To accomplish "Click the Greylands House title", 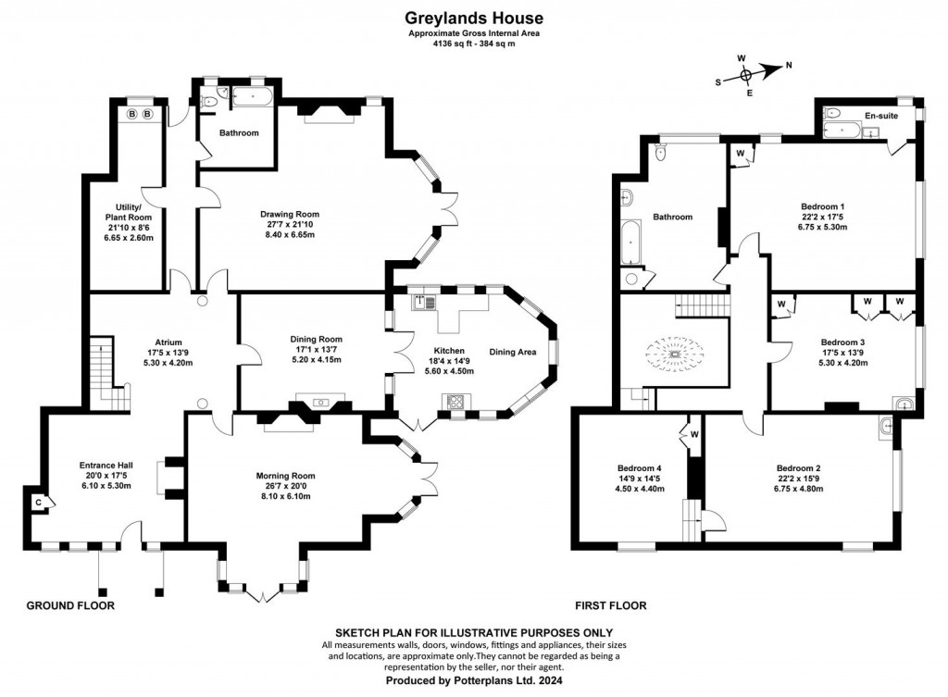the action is coord(474,19).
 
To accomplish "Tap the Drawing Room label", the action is coord(290,214).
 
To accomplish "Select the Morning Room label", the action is coord(285,476).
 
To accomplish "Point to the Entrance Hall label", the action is coord(106,466).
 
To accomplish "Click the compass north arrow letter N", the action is coord(789,66).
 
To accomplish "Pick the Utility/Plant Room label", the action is coord(128,212).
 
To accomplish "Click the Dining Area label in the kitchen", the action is coord(513,352).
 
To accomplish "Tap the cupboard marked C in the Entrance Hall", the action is coord(39,503).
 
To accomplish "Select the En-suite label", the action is coord(881,116).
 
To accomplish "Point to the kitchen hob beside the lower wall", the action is coord(455,401).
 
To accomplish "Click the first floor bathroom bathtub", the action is coord(630,242).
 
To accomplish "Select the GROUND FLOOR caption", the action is coord(70,605).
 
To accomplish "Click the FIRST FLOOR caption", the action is coord(611,605).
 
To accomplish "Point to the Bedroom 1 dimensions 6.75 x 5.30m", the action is coord(822,228).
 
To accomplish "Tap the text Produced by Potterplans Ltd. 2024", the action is coord(474,680).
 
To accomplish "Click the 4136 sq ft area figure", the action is coord(452,44).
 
